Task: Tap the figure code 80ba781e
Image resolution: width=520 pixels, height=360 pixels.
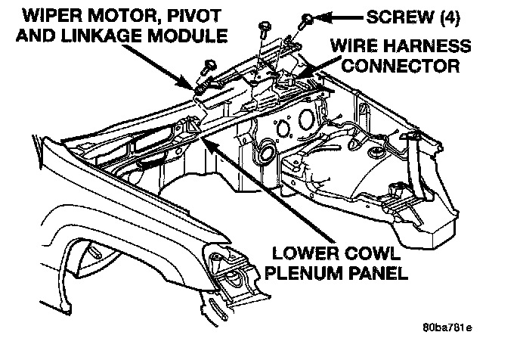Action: (x=447, y=329)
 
